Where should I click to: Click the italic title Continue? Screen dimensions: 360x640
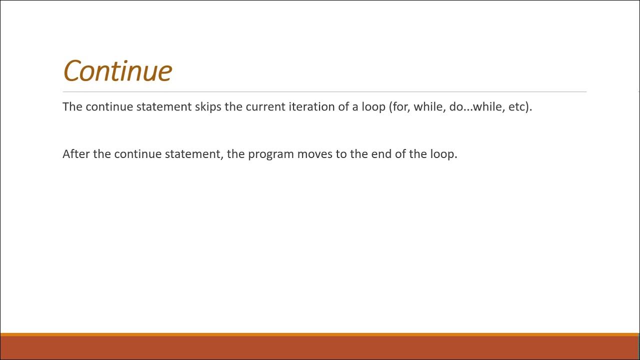[x=117, y=70]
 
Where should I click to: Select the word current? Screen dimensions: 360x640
[x=265, y=107]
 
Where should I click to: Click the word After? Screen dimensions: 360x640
[x=76, y=154]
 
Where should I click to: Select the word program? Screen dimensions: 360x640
[x=270, y=154]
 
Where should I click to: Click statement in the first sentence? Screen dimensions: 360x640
[x=164, y=107]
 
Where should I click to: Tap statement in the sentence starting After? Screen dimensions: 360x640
[x=193, y=154]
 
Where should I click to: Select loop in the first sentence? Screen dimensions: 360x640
[x=373, y=107]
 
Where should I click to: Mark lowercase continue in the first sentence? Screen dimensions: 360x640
[x=109, y=107]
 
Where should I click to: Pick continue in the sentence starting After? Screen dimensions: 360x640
[x=138, y=154]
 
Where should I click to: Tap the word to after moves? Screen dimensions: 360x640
[x=341, y=154]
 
